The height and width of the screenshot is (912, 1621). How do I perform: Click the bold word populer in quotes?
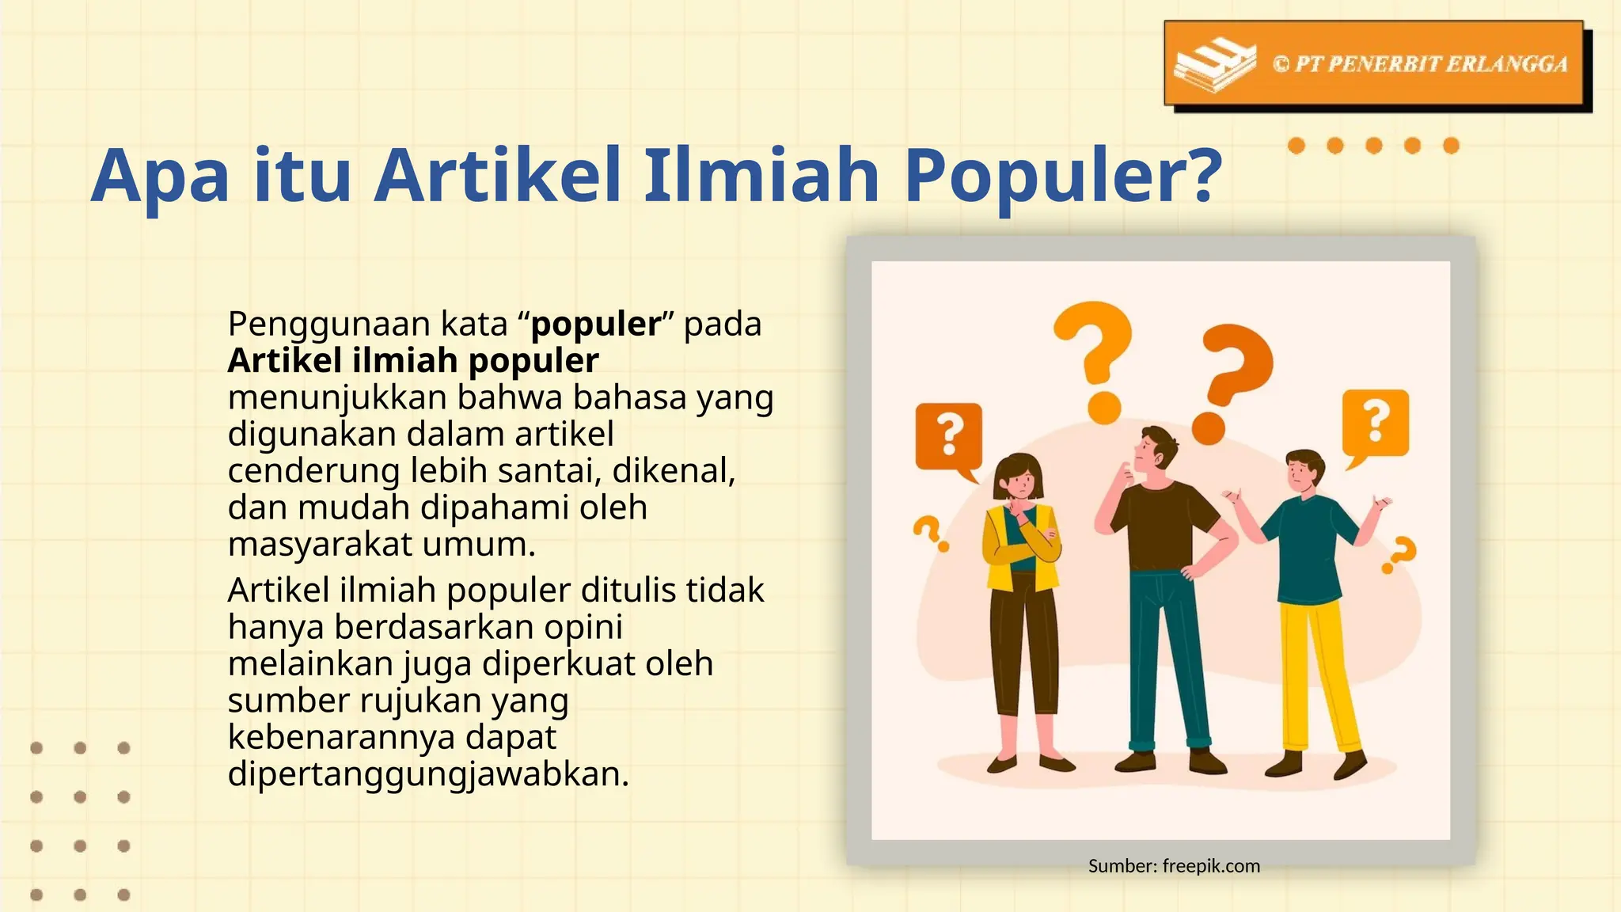tap(595, 324)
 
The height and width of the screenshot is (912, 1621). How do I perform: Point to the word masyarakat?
tap(320, 545)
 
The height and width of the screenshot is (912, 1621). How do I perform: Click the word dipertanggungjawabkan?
tap(427, 774)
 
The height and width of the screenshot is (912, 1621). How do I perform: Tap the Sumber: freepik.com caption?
tap(1174, 866)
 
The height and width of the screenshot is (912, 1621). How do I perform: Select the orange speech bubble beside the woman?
tap(949, 435)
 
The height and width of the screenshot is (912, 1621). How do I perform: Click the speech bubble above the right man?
tap(1376, 423)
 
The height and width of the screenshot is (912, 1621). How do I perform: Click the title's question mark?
tap(1196, 176)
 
